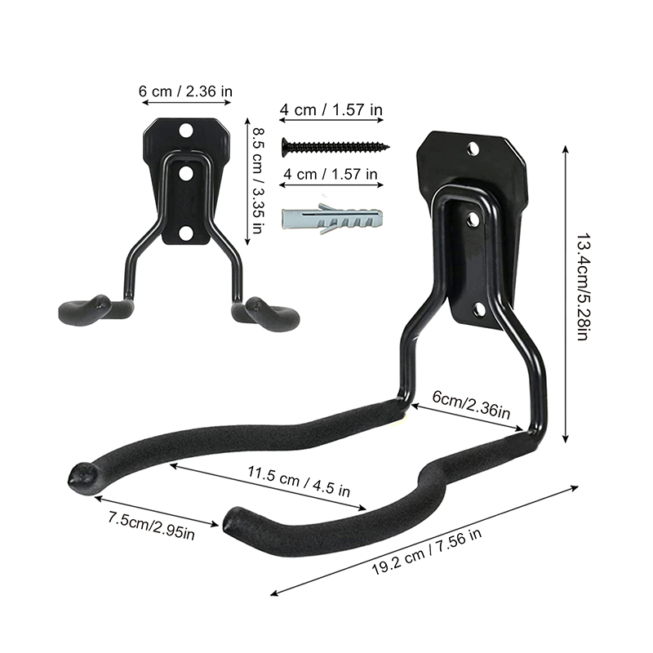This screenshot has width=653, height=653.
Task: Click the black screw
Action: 335,147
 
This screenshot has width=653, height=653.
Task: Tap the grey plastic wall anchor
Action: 332,218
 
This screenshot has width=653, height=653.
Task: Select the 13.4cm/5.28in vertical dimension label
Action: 582,287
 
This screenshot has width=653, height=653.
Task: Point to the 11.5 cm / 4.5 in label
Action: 299,481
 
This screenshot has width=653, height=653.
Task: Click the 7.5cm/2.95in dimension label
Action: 151,526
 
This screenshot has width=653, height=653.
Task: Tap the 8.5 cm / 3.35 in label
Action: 258,180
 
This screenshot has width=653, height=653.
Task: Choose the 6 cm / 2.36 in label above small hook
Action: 185,91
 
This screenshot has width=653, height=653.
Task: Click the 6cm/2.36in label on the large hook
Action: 471,404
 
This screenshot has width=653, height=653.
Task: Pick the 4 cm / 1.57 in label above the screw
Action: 331,109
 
